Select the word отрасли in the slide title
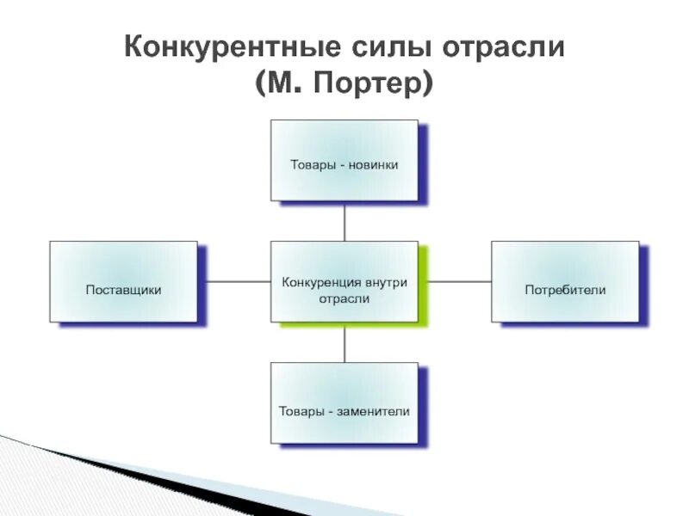tap(502, 46)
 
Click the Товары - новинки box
tap(344, 161)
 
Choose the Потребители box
tap(565, 282)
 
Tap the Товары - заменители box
tap(344, 402)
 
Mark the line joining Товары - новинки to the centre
tap(344, 222)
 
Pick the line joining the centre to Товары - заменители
tap(344, 342)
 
